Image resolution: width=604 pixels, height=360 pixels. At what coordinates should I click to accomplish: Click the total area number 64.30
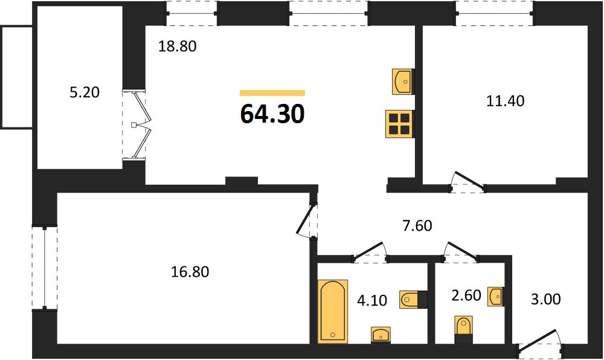(272, 114)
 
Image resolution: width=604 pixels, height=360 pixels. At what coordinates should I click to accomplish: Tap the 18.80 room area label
(178, 46)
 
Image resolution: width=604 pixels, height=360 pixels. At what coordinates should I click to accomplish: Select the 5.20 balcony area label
(85, 92)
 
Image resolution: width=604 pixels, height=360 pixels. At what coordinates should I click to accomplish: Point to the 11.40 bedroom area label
(505, 101)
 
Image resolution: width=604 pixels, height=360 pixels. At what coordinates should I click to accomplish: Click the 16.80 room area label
(190, 272)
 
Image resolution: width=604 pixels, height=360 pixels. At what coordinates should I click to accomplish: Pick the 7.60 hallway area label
(417, 226)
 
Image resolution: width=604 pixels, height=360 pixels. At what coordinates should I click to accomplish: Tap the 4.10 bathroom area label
(371, 300)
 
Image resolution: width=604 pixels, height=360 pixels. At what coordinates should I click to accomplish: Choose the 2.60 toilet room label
(466, 295)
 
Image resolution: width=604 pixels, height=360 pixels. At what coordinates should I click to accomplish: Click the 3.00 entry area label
(546, 299)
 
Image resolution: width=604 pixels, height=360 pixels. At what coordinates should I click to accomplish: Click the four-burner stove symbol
(399, 124)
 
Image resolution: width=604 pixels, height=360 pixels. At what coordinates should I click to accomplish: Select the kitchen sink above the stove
(403, 82)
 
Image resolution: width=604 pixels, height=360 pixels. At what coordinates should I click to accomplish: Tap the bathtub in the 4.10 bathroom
(333, 312)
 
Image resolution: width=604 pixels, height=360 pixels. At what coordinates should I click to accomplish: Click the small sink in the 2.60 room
(495, 297)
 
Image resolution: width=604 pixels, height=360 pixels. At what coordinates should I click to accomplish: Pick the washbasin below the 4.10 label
(381, 335)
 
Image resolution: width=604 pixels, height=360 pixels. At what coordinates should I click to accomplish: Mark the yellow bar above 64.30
(272, 93)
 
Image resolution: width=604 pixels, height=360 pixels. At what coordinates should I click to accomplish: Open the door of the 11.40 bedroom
(467, 182)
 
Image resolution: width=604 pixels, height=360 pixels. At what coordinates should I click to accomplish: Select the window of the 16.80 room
(45, 267)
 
